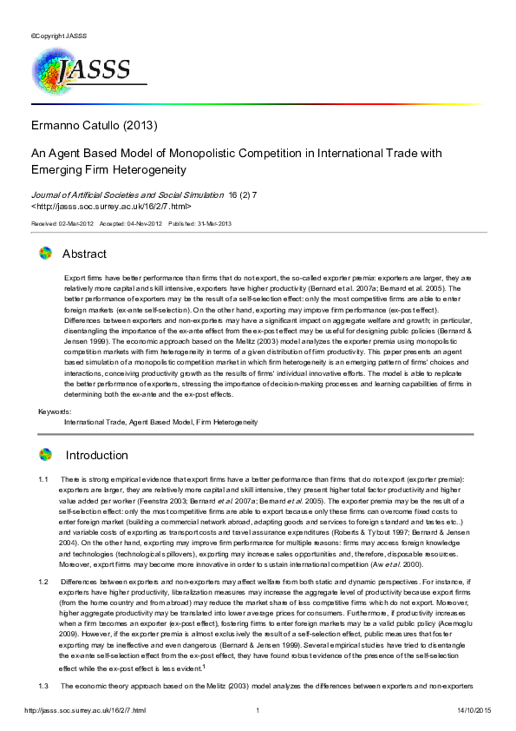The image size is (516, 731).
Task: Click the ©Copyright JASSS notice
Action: pos(56,36)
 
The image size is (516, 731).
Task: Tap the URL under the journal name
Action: pos(112,207)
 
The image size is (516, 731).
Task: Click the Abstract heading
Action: pos(84,254)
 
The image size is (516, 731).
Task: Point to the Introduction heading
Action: pos(96,455)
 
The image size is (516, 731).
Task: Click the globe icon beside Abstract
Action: pos(46,254)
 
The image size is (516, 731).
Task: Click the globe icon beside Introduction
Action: pos(46,454)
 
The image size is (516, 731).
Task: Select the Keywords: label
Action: pos(55,411)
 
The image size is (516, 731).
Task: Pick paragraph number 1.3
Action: pos(43,687)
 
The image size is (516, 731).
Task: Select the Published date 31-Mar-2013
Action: pos(199,224)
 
